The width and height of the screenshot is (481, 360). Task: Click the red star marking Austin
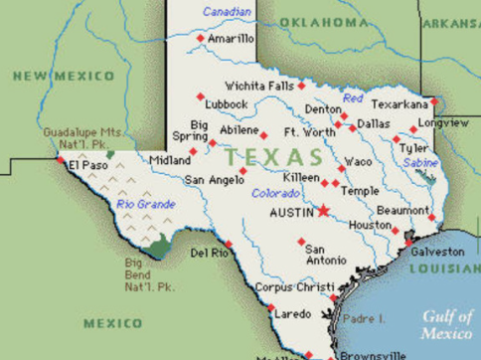(x=323, y=210)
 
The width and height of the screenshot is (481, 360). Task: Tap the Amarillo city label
(x=231, y=38)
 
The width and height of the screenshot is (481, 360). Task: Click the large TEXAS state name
(x=273, y=157)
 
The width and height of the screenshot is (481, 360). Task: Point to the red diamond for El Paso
(x=61, y=158)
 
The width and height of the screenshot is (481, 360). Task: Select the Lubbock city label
(x=227, y=103)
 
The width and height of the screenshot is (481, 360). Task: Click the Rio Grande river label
(x=145, y=204)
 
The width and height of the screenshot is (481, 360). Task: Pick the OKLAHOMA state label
(x=324, y=22)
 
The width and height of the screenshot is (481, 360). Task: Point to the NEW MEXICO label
(x=64, y=76)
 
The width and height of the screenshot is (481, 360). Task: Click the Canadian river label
(x=228, y=12)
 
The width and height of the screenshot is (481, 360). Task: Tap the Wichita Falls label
(x=258, y=86)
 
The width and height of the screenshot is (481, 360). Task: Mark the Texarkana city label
(x=399, y=103)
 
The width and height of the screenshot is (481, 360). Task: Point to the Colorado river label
(x=275, y=193)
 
